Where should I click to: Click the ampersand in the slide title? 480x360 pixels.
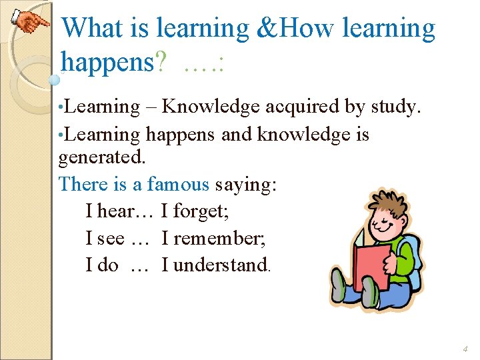coord(263,28)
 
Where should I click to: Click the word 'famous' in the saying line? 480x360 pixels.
coord(178,184)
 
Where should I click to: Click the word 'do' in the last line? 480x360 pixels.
coord(107,265)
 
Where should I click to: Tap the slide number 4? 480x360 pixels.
coord(465,349)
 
